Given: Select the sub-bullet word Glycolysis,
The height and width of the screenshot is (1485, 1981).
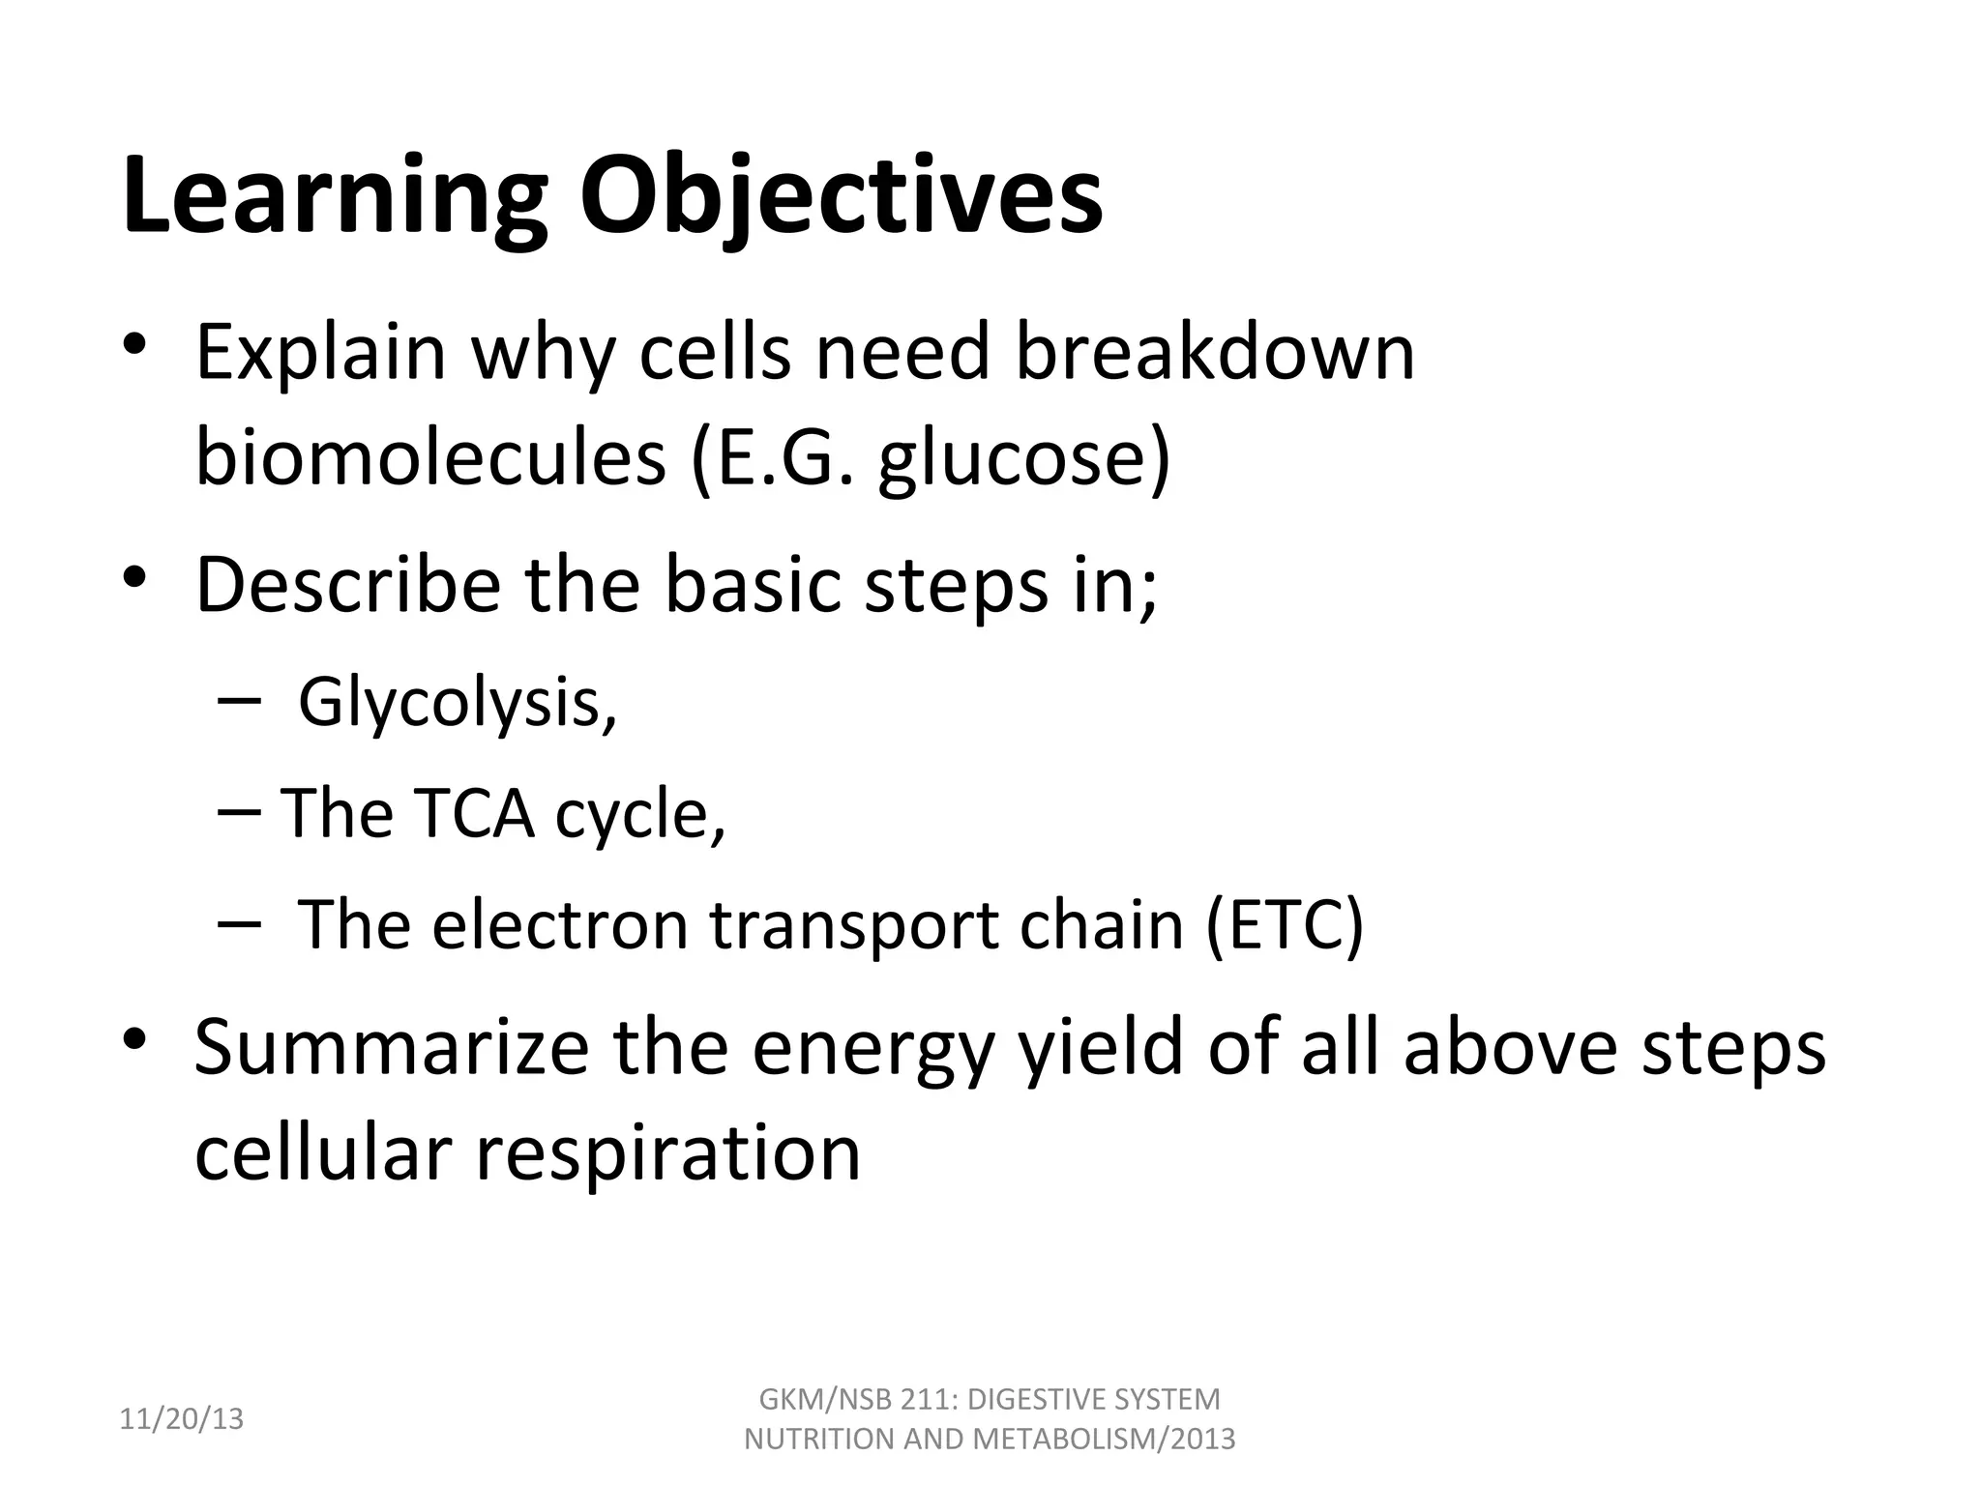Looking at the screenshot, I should coord(458,703).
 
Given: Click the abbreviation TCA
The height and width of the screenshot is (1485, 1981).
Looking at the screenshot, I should coord(474,813).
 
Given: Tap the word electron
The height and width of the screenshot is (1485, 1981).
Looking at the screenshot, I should coord(561,924).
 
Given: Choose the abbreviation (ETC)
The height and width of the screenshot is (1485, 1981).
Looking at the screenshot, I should coord(1285,924).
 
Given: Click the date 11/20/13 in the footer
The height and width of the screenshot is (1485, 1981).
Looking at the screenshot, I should coord(181,1419).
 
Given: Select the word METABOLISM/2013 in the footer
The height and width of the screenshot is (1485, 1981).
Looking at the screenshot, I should coord(1104,1440).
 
